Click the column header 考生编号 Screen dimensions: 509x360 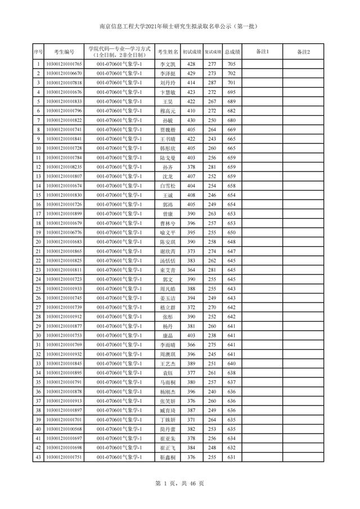64,52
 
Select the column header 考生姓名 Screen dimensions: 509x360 168,52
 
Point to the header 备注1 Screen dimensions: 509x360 263,52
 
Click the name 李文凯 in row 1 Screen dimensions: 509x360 168,65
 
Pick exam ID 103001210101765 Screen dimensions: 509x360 64,65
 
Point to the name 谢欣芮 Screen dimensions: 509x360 168,251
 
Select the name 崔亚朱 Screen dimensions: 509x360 168,438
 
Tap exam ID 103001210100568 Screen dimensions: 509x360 64,429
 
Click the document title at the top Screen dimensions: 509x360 179,26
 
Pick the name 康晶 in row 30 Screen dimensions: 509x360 168,335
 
